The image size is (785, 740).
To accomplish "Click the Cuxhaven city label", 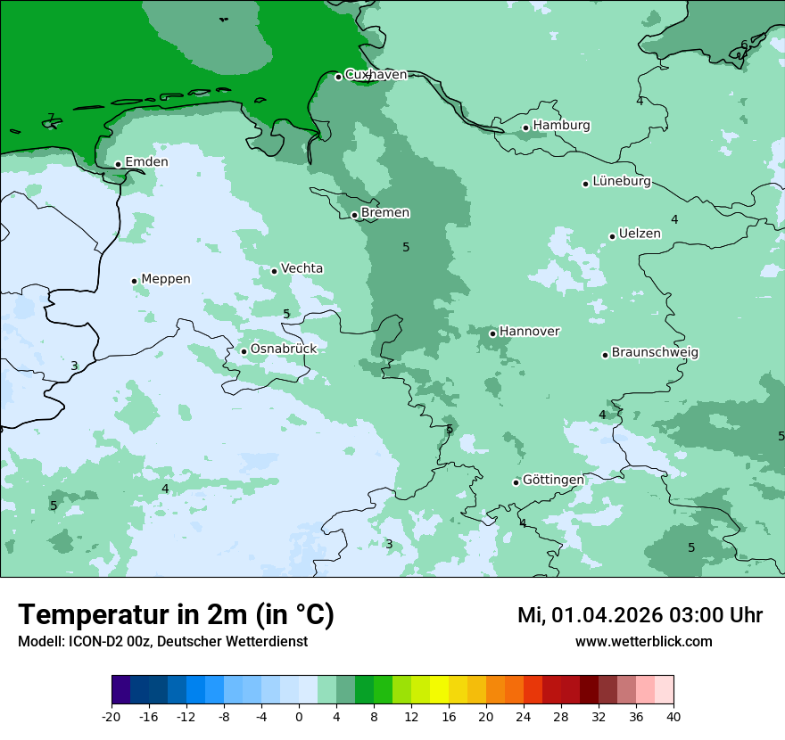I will tap(376, 75).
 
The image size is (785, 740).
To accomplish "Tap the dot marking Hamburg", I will tap(526, 127).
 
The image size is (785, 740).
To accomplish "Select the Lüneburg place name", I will tap(621, 182).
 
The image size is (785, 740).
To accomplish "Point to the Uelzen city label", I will tap(640, 234).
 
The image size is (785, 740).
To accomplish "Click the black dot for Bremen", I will tap(354, 215).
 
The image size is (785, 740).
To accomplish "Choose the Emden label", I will tap(146, 162).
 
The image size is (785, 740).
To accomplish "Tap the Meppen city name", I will tap(166, 279).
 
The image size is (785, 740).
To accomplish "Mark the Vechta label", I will tap(302, 268).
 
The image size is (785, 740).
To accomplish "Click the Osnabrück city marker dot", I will tap(244, 351).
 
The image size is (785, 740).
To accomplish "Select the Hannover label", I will tap(529, 332).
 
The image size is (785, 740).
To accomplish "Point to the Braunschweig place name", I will tap(655, 353).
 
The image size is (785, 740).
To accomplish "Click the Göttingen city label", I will tap(553, 481).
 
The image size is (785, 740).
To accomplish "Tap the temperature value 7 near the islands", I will tap(51, 118).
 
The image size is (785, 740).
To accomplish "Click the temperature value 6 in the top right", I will tap(744, 45).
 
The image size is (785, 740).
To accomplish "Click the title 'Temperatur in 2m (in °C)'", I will tap(176, 615).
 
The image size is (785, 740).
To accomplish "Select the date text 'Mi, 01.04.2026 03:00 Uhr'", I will tap(640, 615).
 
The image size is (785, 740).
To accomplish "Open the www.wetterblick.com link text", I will tap(643, 642).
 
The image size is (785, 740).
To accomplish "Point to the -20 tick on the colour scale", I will tap(112, 717).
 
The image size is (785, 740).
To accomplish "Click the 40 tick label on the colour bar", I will tap(673, 717).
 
